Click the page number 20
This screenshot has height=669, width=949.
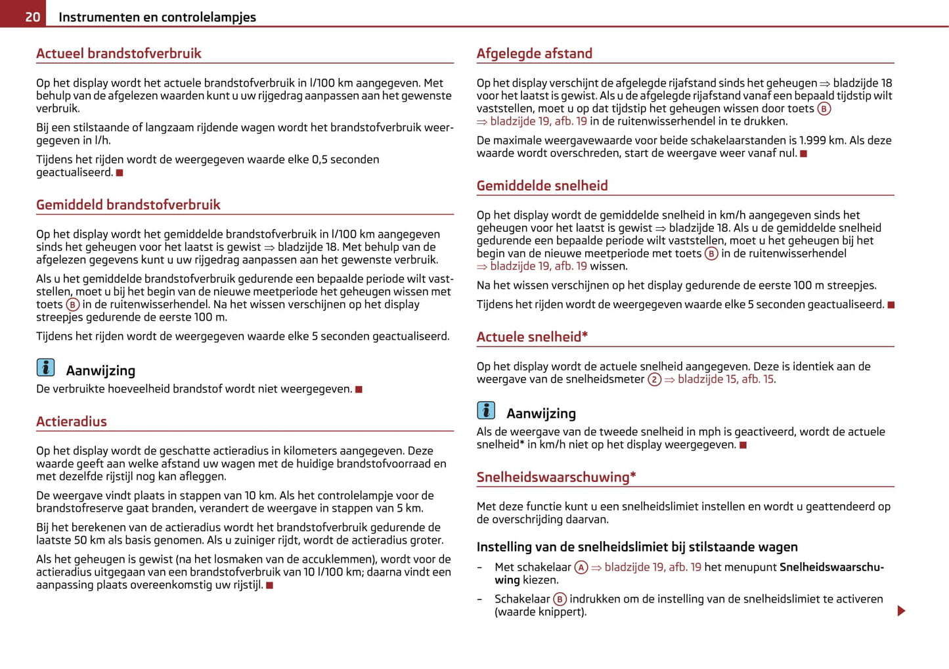pos(32,17)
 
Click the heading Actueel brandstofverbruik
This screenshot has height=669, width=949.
pos(119,53)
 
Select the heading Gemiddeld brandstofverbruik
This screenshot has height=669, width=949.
pos(128,204)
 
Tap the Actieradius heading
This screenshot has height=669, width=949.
pos(72,421)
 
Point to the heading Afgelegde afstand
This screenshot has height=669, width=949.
pos(535,53)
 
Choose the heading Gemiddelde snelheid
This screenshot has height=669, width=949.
pos(542,186)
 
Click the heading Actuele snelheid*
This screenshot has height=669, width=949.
pos(532,337)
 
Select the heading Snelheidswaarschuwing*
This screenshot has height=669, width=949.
pos(556,477)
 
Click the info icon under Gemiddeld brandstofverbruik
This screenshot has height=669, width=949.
pos(46,368)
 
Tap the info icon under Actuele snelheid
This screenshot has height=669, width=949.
pos(486,410)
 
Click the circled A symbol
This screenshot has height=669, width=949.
pos(581,567)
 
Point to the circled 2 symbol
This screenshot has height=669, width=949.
pos(654,379)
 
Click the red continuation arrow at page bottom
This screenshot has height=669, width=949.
pos(901,611)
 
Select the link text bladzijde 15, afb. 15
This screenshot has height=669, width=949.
pos(726,379)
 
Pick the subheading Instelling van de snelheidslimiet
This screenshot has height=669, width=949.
pos(637,547)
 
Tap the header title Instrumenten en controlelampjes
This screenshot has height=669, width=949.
pos(157,17)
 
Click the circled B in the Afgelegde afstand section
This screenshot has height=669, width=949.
pos(824,109)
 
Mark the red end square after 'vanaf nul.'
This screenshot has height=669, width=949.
pos(803,154)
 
